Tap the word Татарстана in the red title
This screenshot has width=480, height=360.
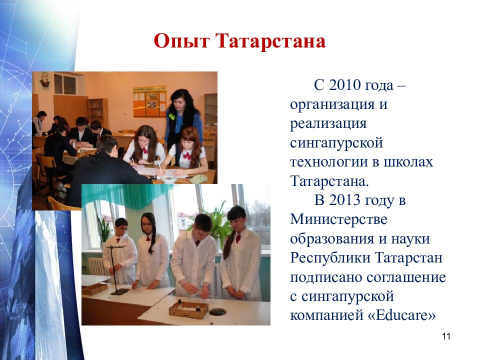click(271, 40)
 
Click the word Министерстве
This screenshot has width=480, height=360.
click(338, 219)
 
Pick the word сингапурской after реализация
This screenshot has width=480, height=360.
click(336, 143)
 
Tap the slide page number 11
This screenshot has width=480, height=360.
click(446, 336)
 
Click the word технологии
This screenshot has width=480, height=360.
click(329, 162)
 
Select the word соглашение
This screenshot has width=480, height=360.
click(406, 277)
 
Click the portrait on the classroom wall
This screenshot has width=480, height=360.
click(45, 81)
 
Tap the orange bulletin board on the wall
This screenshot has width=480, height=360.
click(149, 101)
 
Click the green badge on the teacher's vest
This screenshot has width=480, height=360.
click(172, 116)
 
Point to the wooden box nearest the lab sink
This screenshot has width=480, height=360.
click(188, 309)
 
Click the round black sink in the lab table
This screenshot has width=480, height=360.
click(217, 312)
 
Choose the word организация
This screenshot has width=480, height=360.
click(332, 104)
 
